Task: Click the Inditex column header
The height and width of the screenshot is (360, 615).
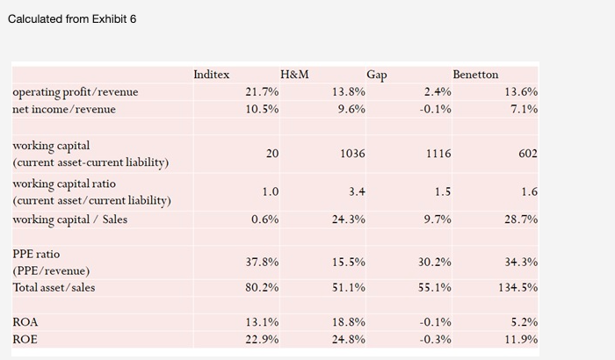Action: [x=211, y=75]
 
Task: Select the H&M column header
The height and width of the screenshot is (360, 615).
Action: [x=293, y=75]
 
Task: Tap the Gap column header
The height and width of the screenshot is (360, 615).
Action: [x=377, y=75]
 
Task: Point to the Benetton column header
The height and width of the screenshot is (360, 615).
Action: [x=475, y=75]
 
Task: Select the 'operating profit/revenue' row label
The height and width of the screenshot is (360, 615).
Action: [x=75, y=91]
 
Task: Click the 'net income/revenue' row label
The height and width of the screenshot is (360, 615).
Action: [x=63, y=109]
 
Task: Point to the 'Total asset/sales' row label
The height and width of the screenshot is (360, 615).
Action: [x=54, y=287]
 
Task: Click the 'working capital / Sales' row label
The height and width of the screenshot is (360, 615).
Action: [x=69, y=219]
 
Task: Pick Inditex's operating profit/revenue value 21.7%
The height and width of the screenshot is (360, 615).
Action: [x=262, y=91]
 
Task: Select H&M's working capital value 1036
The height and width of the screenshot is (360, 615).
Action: [x=351, y=153]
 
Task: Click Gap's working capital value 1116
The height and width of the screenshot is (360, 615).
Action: [x=438, y=153]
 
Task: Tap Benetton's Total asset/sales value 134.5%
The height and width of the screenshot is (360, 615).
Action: [x=518, y=287]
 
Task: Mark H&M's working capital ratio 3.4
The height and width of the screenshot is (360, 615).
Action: [x=357, y=191]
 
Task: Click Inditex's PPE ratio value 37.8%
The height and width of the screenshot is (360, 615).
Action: [x=262, y=262]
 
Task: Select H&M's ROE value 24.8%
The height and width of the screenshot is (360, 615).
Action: [x=348, y=339]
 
